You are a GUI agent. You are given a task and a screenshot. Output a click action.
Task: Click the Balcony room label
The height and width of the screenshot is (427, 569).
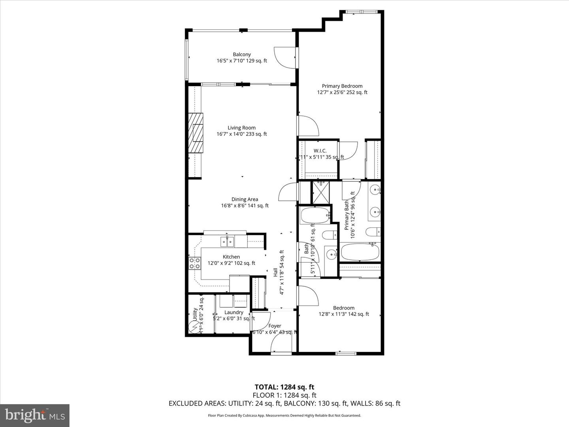click(241, 55)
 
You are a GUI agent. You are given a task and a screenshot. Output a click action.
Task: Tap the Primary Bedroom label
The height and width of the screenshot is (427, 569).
click(342, 86)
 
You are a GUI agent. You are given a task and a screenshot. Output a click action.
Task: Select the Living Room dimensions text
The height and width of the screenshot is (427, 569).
click(241, 134)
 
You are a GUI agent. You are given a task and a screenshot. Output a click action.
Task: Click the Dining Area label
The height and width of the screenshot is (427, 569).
click(245, 199)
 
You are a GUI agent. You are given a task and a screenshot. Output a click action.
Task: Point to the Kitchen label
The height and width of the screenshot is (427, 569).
click(231, 257)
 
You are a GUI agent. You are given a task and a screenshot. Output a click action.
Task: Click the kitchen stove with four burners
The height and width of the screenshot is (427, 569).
click(194, 263)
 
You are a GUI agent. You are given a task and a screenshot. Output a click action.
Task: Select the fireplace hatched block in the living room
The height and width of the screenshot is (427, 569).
click(196, 133)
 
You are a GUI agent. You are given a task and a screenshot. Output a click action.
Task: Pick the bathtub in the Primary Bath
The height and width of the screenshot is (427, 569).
click(360, 252)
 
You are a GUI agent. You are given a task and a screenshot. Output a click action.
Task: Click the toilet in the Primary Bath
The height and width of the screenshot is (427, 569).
click(373, 232)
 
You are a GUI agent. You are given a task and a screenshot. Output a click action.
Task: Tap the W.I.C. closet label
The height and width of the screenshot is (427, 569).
click(320, 151)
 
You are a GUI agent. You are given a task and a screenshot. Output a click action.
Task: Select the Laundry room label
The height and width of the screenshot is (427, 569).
click(234, 312)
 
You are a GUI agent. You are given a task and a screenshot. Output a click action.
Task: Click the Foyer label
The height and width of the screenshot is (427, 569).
click(275, 326)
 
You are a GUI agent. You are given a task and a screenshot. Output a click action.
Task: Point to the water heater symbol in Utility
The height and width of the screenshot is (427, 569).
click(195, 327)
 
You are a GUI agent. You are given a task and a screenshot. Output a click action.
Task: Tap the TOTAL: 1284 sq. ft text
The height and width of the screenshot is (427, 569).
click(284, 387)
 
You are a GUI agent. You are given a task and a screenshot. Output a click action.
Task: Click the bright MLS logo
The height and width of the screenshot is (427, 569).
click(35, 415)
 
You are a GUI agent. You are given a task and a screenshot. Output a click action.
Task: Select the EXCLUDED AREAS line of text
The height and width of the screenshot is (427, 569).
click(284, 403)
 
